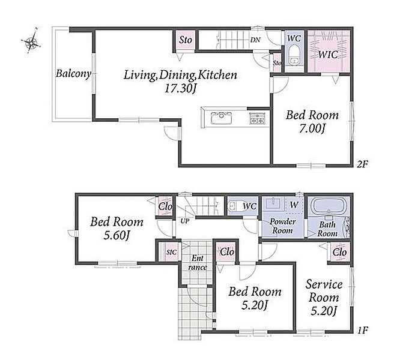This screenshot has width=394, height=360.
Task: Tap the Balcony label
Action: pos(73,74)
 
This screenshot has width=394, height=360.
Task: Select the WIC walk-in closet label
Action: pos(329,55)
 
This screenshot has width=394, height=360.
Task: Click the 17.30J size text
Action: pos(180,88)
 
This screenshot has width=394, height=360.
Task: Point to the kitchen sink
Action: pos(221,118)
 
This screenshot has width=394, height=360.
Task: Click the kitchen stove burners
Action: pos(257,118)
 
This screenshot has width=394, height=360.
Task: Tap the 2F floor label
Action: pos(362,164)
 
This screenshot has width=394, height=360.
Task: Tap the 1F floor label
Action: pos(362,330)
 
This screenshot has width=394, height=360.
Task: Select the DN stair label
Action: pos(255,40)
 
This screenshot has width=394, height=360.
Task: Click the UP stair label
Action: pos(185,221)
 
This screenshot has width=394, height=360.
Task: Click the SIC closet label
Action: pos(172,252)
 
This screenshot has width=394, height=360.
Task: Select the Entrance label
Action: pos(198,263)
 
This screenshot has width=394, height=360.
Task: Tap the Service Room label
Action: pos(324,291)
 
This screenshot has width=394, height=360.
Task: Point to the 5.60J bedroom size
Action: pos(117,235)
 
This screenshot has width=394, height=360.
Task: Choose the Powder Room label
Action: pos(282,226)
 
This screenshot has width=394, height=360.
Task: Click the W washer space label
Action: pos(294,205)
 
